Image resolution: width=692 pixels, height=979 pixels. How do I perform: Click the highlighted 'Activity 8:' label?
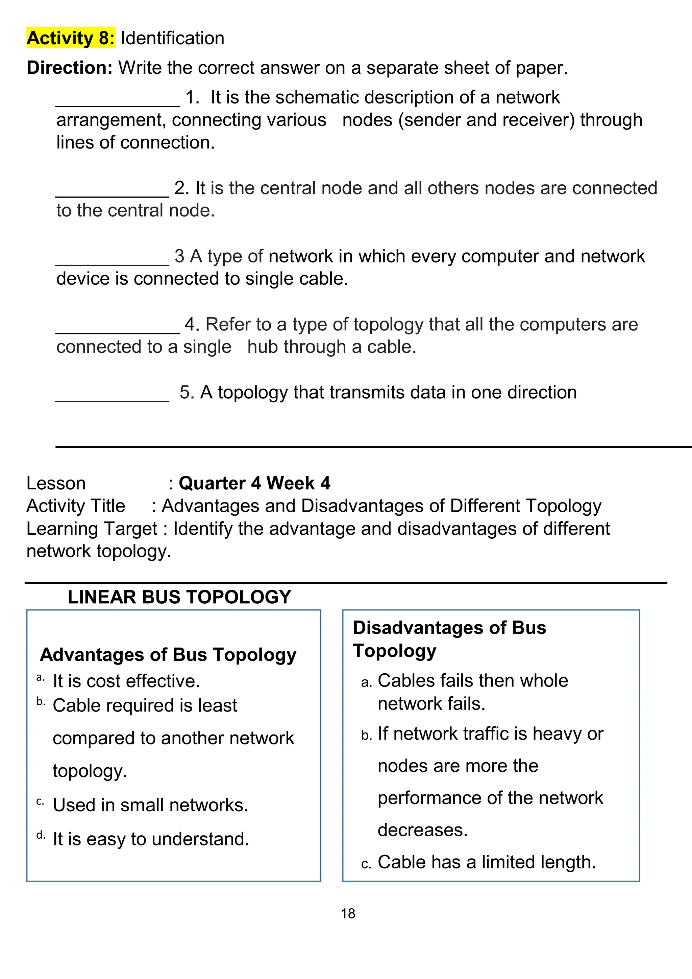tap(70, 38)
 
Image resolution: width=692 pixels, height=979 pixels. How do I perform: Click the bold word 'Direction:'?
tap(70, 67)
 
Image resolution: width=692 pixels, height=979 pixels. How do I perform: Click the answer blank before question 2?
tap(113, 194)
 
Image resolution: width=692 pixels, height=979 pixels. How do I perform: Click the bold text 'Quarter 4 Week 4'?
tap(254, 483)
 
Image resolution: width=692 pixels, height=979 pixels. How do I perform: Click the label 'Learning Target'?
tap(92, 529)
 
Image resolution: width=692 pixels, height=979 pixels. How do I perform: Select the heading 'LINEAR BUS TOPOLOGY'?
tap(179, 597)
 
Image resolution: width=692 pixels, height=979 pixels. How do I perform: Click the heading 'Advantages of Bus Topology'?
tap(168, 654)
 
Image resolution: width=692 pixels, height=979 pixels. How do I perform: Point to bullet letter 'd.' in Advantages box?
tap(41, 835)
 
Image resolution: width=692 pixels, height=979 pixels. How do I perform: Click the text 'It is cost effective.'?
tap(126, 681)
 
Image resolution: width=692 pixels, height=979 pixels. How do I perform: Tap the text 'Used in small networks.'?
tap(150, 805)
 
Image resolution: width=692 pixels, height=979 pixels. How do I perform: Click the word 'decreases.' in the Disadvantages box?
tap(422, 830)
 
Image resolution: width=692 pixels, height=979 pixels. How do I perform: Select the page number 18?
tap(348, 913)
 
